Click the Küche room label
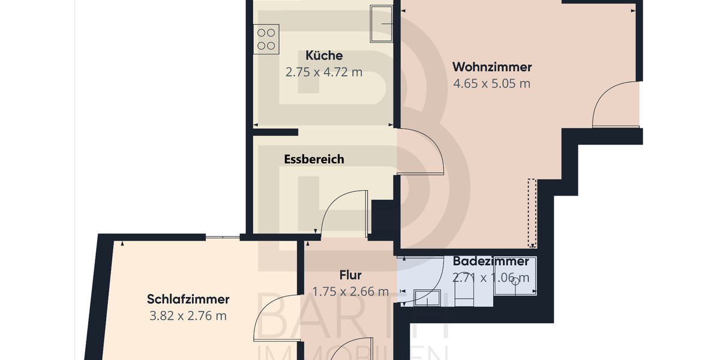[324, 56]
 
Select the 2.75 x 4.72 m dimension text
[324, 73]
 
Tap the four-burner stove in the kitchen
[266, 39]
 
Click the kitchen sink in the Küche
[381, 24]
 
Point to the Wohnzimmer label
[492, 67]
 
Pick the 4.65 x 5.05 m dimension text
[492, 83]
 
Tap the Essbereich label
[314, 159]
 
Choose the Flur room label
[350, 275]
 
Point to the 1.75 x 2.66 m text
[350, 292]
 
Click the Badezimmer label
[491, 262]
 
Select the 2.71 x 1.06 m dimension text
[491, 278]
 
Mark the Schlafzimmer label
[188, 299]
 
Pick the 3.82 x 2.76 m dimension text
[188, 316]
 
